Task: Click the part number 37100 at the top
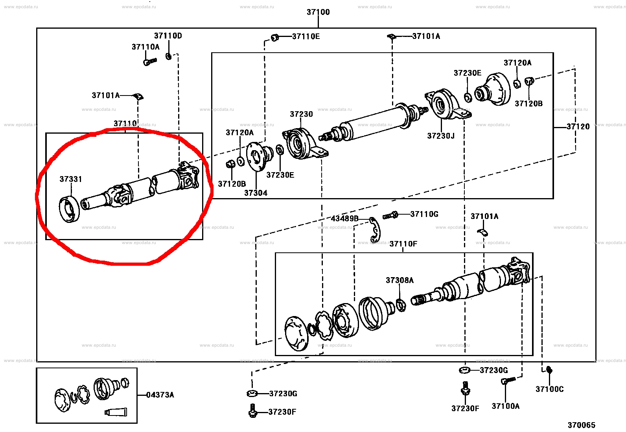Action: click(x=318, y=12)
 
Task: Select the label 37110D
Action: click(x=168, y=36)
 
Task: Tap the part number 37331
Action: click(x=71, y=179)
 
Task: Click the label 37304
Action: click(x=256, y=193)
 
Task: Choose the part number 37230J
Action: click(x=440, y=136)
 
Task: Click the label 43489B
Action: click(x=344, y=219)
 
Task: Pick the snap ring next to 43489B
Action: click(x=375, y=230)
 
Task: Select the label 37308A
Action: click(x=400, y=280)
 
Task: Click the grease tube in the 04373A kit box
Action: click(x=116, y=412)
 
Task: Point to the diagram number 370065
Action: click(x=581, y=425)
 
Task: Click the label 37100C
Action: click(x=549, y=389)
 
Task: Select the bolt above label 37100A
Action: click(x=508, y=380)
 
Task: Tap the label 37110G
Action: click(x=424, y=214)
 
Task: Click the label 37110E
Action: click(x=306, y=37)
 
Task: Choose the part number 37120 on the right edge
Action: click(x=578, y=127)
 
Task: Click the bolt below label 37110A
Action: click(x=150, y=61)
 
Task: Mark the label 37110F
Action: click(x=403, y=244)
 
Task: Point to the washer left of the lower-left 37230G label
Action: click(x=252, y=393)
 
